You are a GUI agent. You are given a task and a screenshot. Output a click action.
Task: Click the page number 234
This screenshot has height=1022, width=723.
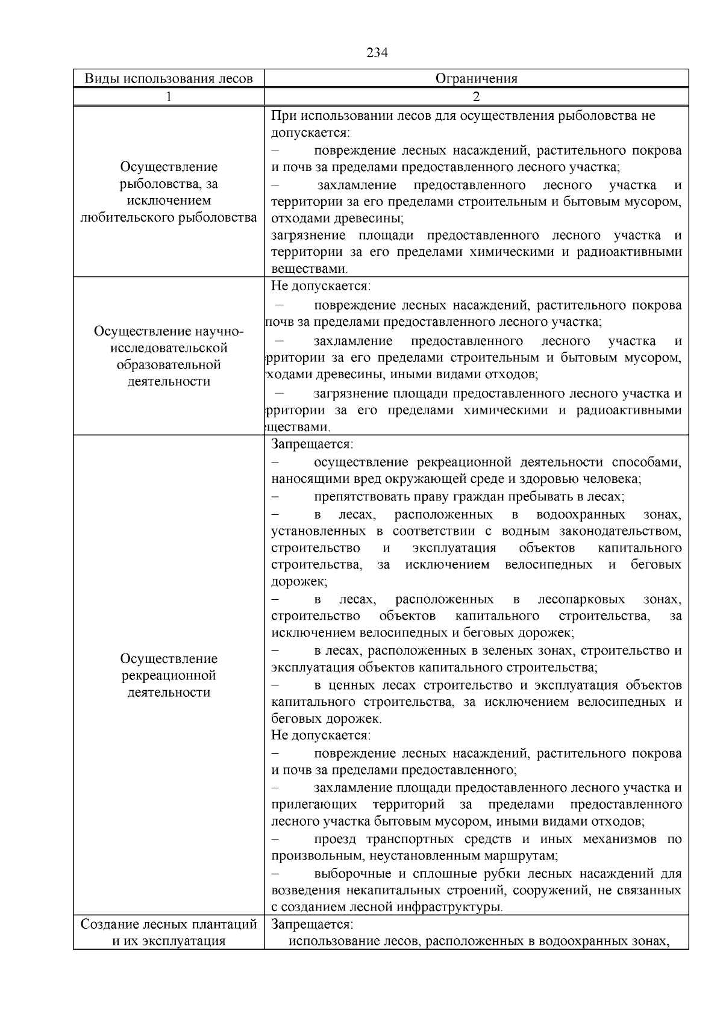(x=377, y=53)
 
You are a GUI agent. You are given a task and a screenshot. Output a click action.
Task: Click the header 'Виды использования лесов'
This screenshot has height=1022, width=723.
(x=168, y=79)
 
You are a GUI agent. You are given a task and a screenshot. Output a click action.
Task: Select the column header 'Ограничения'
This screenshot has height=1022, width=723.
(x=476, y=79)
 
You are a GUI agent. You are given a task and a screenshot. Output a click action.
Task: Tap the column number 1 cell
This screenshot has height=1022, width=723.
(x=169, y=97)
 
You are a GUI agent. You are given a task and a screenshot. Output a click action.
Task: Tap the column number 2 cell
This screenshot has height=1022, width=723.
(x=476, y=97)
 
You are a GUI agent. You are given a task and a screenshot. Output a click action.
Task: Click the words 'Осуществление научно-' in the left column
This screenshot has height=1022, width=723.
(x=169, y=331)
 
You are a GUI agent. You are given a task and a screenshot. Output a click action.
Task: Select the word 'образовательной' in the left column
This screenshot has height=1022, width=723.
(x=169, y=365)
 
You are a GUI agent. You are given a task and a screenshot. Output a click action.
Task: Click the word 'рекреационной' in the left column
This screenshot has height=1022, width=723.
(x=169, y=676)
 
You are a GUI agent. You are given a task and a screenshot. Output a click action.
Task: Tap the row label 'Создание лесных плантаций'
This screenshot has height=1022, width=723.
(x=169, y=924)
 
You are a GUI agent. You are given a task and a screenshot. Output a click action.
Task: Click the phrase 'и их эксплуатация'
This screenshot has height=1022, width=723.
(x=169, y=941)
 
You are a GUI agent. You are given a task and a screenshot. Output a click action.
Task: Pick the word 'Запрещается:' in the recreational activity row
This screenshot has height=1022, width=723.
(x=311, y=444)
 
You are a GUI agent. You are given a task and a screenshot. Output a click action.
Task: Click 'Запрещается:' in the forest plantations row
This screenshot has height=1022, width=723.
(x=311, y=924)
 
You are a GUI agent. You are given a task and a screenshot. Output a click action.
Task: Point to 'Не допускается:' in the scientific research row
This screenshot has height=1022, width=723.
(x=321, y=286)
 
